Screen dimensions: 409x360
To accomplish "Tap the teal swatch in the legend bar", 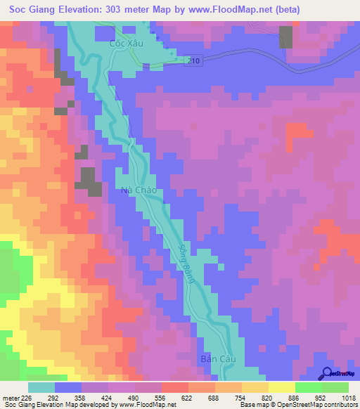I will point(41,387).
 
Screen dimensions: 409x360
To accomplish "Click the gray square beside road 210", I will point(286,37).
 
